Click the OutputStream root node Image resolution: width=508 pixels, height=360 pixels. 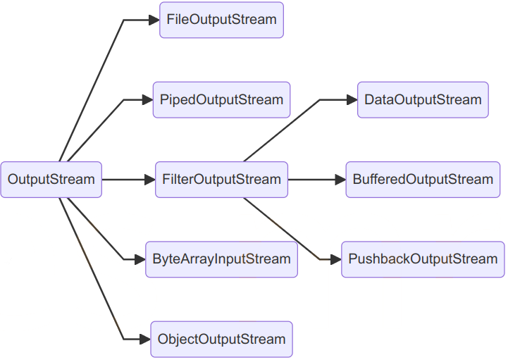tap(51, 180)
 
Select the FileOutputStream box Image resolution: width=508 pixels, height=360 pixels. tap(221, 20)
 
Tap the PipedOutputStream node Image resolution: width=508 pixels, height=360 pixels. tap(221, 100)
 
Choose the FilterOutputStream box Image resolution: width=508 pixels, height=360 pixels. tap(221, 180)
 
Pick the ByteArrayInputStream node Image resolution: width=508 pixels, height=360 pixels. tap(221, 259)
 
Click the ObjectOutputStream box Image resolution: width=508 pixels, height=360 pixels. tap(221, 340)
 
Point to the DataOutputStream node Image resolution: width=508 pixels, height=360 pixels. tap(423, 100)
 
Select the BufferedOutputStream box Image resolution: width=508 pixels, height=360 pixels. tap(423, 180)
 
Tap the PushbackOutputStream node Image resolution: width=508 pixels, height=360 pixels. tap(423, 259)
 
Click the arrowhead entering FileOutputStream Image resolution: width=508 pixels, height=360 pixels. tap(154, 20)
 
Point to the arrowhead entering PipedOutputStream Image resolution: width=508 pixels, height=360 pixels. tap(148, 100)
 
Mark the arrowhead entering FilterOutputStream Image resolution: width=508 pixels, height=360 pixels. tap(149, 180)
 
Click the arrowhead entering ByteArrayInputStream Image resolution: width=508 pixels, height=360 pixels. tap(140, 259)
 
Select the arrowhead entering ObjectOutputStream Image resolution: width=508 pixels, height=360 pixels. tap(145, 340)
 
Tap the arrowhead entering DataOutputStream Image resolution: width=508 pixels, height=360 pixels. tap(352, 100)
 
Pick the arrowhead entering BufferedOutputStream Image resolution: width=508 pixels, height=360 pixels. tap(340, 180)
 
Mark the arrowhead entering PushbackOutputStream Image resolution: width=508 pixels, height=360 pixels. tap(335, 259)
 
